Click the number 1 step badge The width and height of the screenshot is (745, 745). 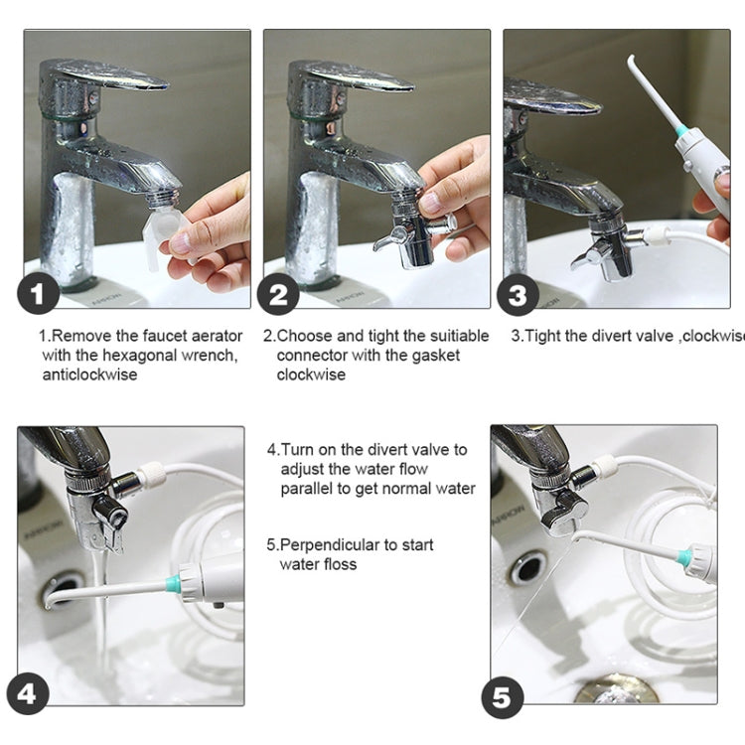click(x=39, y=294)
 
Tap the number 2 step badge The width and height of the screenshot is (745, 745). click(x=278, y=294)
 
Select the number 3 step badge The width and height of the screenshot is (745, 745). click(x=518, y=295)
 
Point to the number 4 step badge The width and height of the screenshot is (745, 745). click(x=28, y=693)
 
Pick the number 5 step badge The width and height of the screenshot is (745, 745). click(x=503, y=698)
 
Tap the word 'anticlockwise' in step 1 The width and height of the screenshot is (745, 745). click(x=89, y=374)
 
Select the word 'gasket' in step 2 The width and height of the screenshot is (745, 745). click(x=436, y=356)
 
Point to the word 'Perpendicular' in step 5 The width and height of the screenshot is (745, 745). click(x=330, y=544)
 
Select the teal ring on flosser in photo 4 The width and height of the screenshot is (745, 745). click(x=174, y=584)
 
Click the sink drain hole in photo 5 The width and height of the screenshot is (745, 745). click(x=526, y=568)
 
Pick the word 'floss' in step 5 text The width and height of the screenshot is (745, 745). click(x=339, y=564)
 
